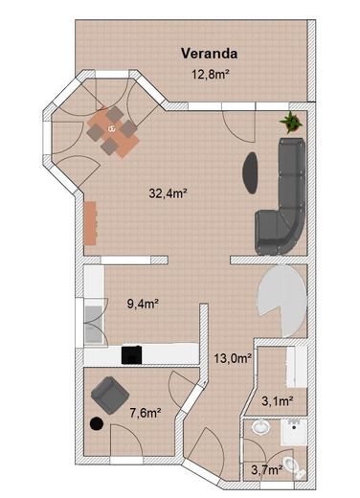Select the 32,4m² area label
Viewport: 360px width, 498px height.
pyautogui.click(x=167, y=192)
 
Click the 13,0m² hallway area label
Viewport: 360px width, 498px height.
pyautogui.click(x=233, y=359)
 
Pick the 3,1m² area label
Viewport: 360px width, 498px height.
pyautogui.click(x=277, y=401)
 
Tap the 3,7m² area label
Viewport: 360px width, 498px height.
pyautogui.click(x=265, y=470)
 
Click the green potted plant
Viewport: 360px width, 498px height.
pyautogui.click(x=289, y=122)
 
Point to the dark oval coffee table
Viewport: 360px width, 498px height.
pyautogui.click(x=251, y=171)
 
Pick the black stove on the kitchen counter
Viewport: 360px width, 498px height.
pyautogui.click(x=132, y=354)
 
